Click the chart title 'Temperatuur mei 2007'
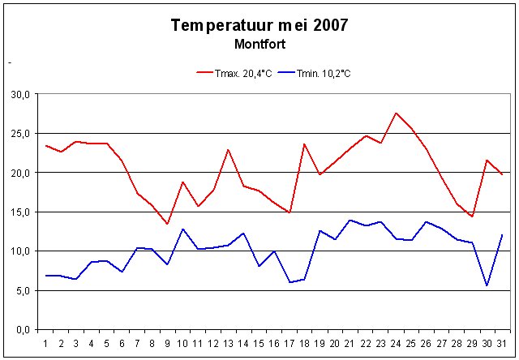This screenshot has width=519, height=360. pos(259,24)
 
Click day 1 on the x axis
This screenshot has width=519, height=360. pos(46,343)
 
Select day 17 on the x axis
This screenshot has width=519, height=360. pos(289,343)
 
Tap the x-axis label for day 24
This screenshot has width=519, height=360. pos(395,343)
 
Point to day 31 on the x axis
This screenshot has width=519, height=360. pos(502,343)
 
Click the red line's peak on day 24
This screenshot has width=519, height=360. pos(396,114)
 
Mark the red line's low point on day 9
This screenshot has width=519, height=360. pos(167,224)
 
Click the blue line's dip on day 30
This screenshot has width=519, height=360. pos(487,285)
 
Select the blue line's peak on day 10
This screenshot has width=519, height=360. pos(182,229)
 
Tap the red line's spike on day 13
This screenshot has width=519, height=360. pos(229,150)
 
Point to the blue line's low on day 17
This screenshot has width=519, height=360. pos(290,282)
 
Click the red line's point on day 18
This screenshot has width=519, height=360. pos(304,144)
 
